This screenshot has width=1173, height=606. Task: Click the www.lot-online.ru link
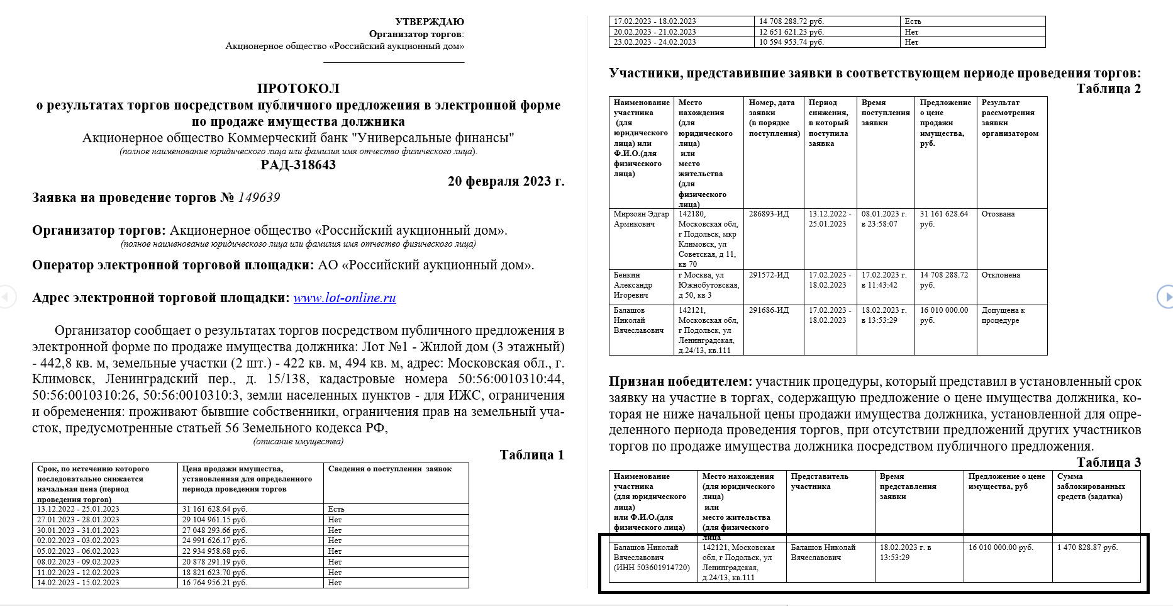(345, 298)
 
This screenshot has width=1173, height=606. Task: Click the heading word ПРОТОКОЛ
(298, 89)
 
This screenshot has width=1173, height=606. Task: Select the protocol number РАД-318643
(298, 165)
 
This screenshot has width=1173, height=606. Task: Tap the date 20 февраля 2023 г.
(506, 181)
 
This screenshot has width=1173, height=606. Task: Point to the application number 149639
(259, 198)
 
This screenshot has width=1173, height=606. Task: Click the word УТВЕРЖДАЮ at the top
(430, 22)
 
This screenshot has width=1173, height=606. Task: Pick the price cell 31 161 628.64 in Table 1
(214, 509)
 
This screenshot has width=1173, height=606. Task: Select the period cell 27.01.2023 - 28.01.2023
(78, 520)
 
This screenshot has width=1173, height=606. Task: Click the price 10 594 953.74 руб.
(791, 42)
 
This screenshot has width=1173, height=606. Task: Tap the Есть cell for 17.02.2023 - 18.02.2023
(913, 21)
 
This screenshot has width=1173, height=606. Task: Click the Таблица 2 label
(1108, 89)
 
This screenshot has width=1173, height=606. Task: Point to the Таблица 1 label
(531, 455)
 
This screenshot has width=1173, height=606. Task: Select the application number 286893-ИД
(769, 214)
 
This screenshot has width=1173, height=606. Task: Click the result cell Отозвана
(998, 214)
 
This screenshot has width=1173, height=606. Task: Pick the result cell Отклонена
(1001, 275)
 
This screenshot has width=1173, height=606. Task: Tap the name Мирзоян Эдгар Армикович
(641, 219)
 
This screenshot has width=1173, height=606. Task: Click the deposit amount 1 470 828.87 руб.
(1087, 547)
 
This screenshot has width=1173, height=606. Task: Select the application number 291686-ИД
(769, 310)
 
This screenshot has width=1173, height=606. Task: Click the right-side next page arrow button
(1165, 296)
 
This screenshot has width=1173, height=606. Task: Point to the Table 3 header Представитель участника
(820, 481)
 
